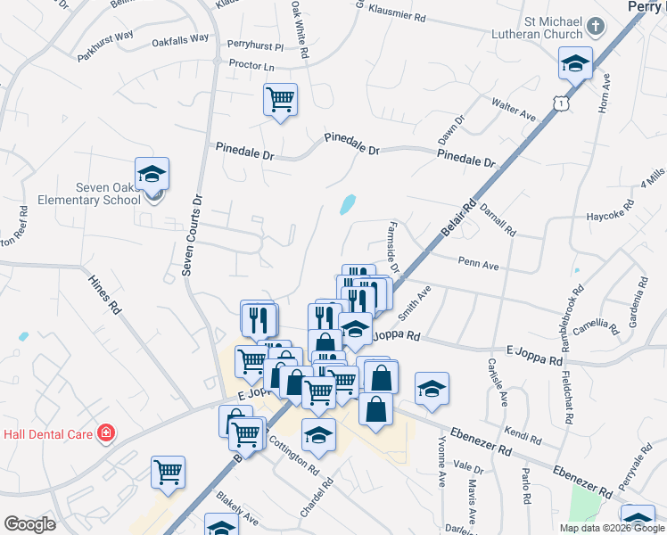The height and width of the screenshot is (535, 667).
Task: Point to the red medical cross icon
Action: (106, 433)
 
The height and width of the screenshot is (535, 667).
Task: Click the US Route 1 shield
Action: (559, 104)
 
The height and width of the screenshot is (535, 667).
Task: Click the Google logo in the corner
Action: (29, 524)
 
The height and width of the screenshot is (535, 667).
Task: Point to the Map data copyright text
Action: (613, 528)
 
